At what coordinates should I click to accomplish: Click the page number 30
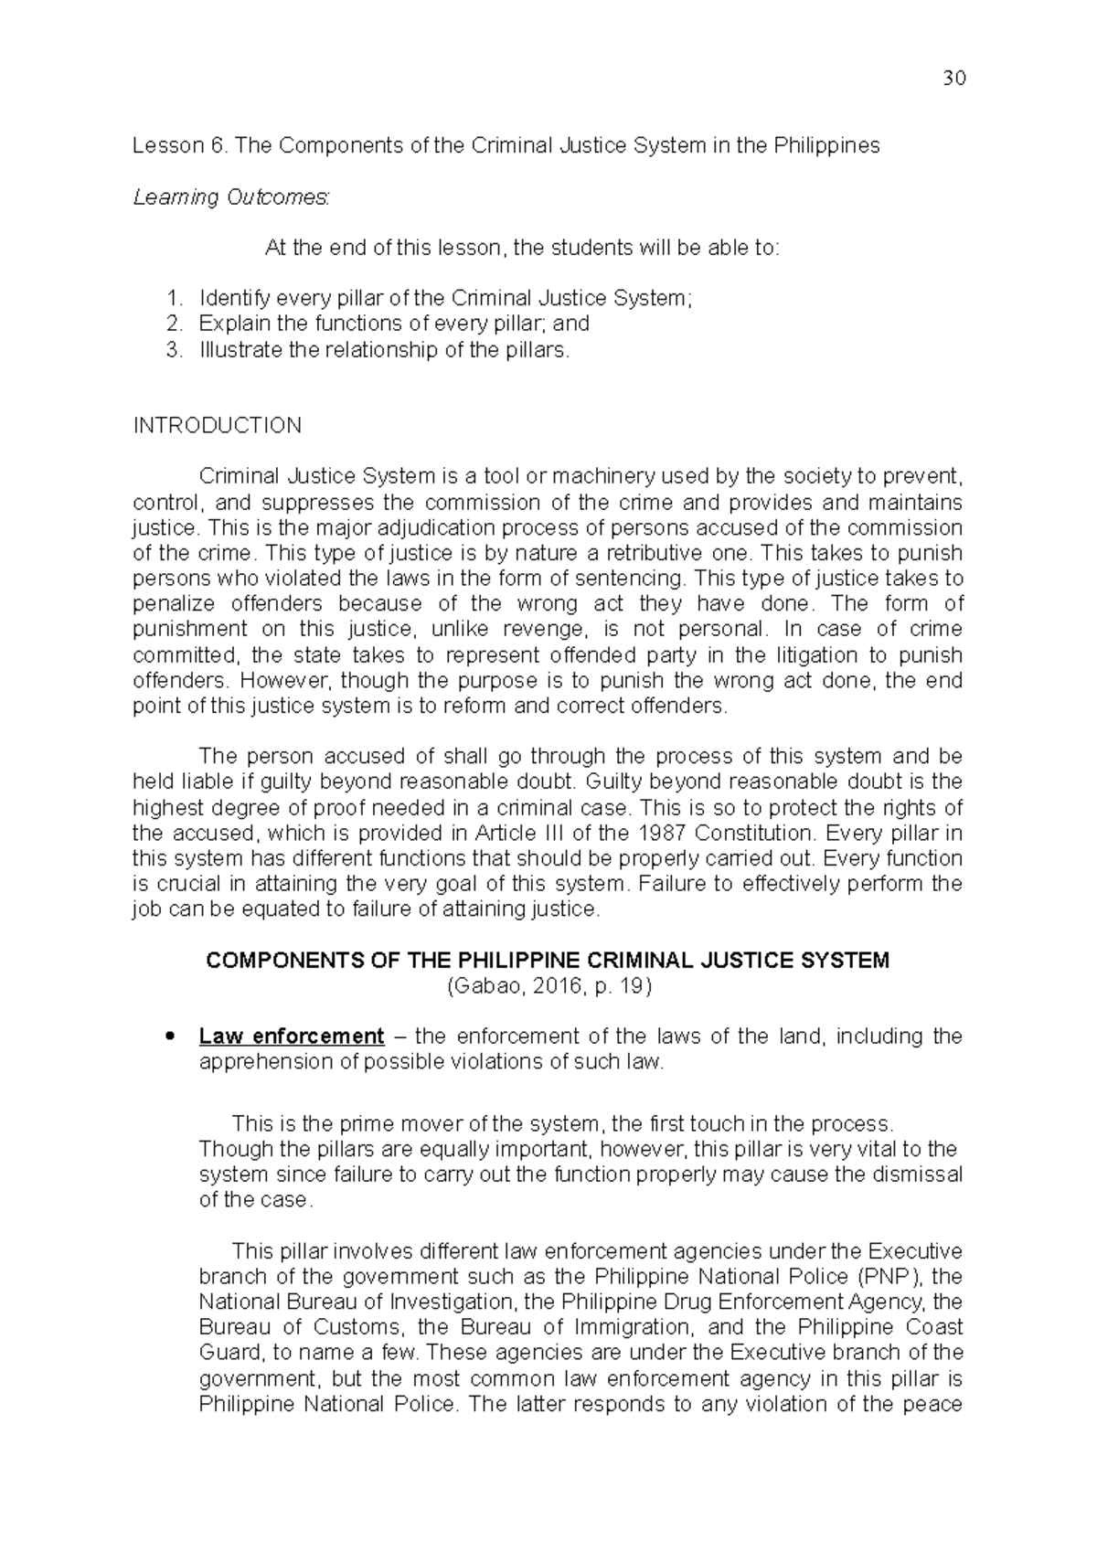(953, 79)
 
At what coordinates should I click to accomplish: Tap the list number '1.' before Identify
(176, 298)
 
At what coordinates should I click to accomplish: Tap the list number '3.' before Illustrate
(176, 349)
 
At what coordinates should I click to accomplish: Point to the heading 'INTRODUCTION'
(218, 426)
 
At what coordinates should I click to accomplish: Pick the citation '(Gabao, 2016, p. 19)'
(548, 986)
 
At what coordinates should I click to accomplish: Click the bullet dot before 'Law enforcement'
(166, 1037)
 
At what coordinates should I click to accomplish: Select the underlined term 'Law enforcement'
(292, 1036)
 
